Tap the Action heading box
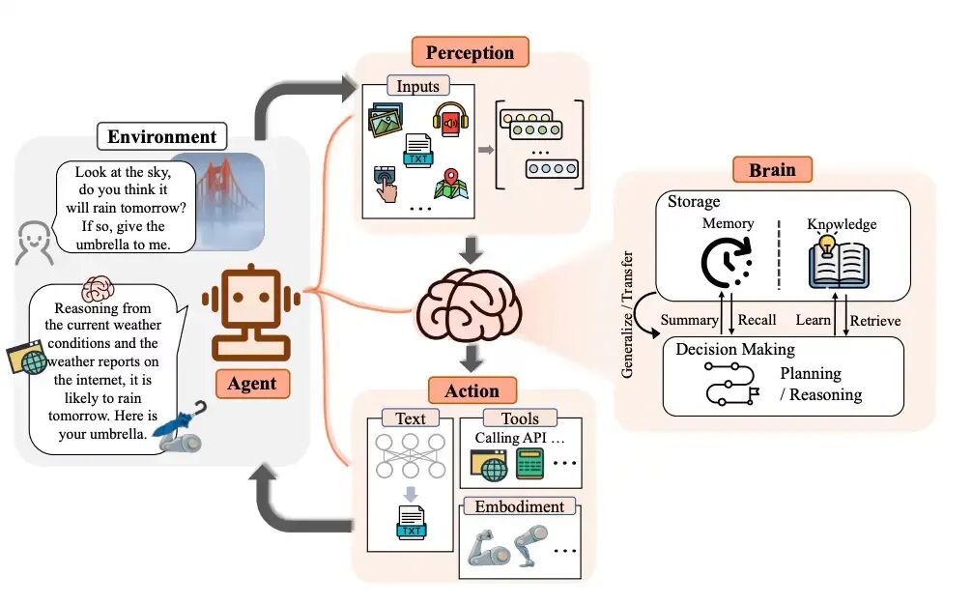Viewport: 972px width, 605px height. point(472,390)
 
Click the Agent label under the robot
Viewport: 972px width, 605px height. point(252,384)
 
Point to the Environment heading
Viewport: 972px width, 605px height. point(162,136)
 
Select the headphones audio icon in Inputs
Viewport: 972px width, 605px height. point(451,124)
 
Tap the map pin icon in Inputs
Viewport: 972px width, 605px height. point(450,186)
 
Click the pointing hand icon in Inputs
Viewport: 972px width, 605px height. point(386,183)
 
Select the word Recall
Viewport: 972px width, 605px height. point(757,320)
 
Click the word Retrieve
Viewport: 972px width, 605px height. point(875,320)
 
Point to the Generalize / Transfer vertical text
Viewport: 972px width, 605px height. point(629,315)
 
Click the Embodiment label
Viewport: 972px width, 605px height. point(520,506)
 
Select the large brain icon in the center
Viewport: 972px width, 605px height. point(471,303)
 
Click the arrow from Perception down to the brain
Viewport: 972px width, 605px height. point(471,248)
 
